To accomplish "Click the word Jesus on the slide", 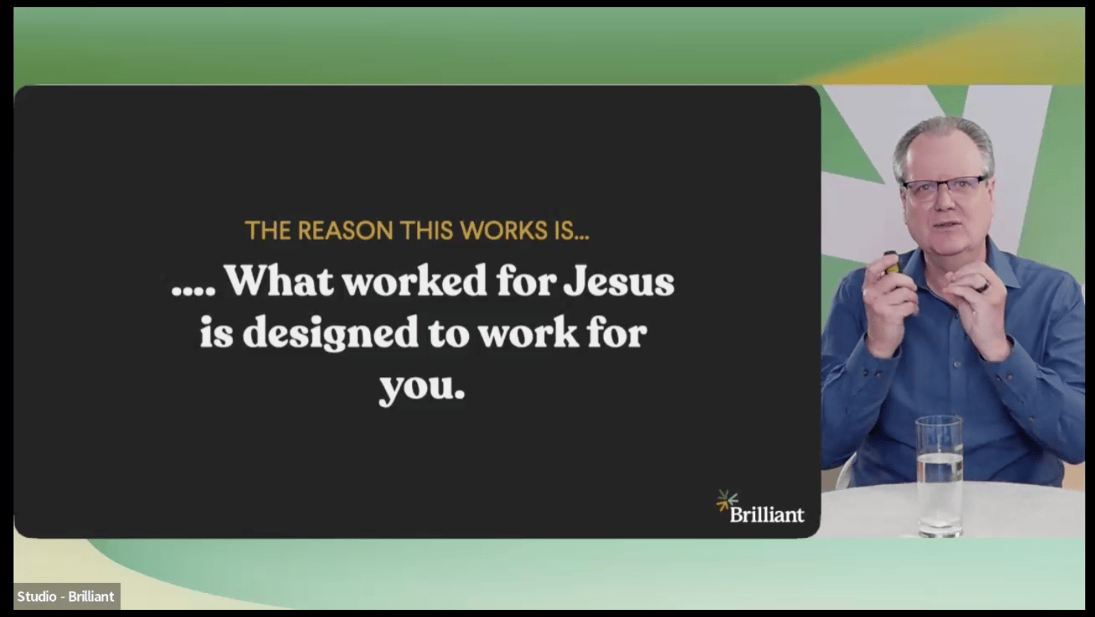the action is (619, 281).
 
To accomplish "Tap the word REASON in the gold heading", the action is (345, 231).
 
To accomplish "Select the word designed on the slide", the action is (330, 334).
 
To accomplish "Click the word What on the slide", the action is (279, 280).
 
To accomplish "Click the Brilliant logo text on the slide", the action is (767, 515).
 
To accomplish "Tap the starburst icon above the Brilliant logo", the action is (727, 500).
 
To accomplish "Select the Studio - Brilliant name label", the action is (66, 597).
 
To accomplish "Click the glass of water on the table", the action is (939, 475).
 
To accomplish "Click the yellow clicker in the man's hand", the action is (892, 264).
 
